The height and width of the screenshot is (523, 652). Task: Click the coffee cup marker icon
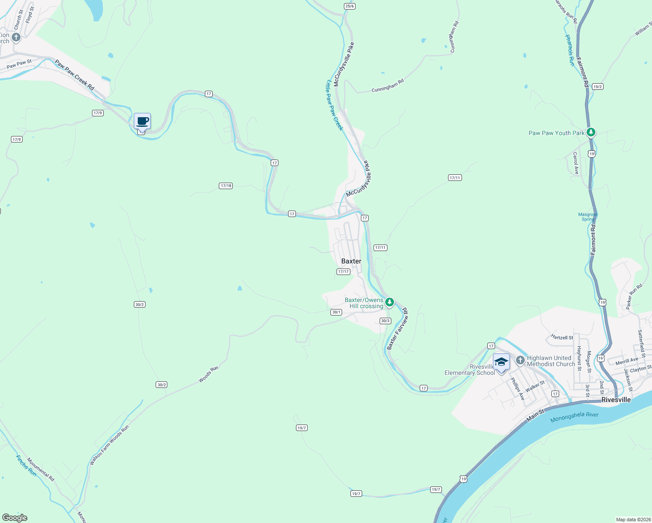142,121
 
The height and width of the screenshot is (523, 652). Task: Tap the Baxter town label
351,261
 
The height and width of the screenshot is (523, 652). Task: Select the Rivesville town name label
616,400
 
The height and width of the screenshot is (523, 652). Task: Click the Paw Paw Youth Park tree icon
591,132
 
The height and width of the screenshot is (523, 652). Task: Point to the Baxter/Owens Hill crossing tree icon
389,302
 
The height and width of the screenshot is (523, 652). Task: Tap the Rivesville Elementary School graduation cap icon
501,362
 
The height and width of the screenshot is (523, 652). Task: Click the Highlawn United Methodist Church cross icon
520,360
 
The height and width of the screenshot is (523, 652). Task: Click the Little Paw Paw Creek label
335,105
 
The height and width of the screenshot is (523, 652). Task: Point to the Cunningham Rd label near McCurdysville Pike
387,85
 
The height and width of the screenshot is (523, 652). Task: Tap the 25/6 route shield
350,6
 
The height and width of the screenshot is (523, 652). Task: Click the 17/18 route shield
226,186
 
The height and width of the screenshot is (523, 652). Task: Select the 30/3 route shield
385,321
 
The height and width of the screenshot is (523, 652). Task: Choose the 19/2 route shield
598,87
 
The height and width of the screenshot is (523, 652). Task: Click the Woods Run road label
208,374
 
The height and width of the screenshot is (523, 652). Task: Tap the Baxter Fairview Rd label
397,329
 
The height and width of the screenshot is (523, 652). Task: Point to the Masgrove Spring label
588,217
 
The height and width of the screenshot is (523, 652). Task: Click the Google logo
15,518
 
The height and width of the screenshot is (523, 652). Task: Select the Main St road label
535,414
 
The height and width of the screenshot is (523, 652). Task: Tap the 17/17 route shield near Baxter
343,272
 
